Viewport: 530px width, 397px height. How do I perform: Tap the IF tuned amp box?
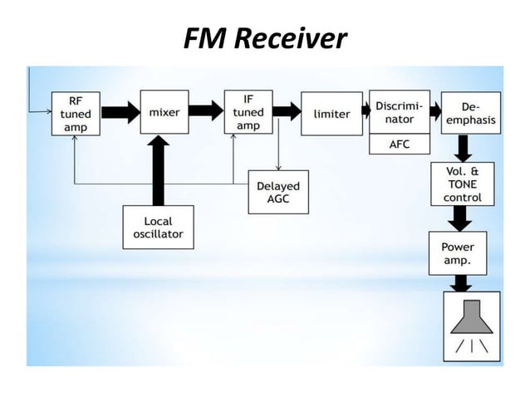click(x=248, y=111)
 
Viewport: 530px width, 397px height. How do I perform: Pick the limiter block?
click(x=331, y=113)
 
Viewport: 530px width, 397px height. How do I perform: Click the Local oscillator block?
click(x=159, y=227)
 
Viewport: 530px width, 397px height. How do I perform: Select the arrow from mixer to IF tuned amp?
click(x=208, y=110)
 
